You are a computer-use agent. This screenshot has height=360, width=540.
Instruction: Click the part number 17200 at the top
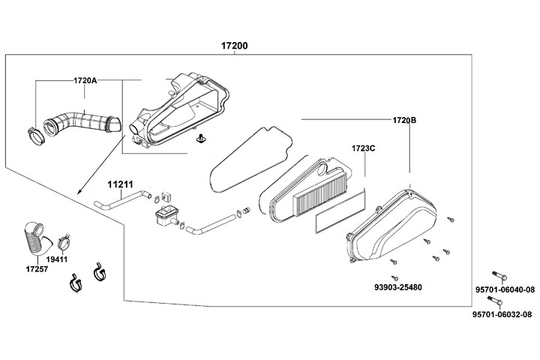[234, 46]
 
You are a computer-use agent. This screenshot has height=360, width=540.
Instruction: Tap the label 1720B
[405, 120]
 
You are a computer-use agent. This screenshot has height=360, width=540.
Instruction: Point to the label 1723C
[363, 148]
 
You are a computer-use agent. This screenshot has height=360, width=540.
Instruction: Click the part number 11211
[119, 183]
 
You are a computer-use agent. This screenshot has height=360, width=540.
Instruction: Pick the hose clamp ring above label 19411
[64, 241]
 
